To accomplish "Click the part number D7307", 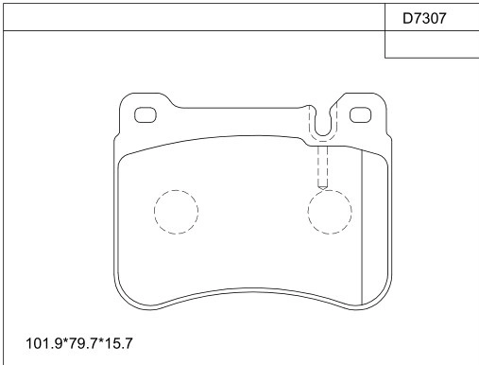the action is pos(424,19).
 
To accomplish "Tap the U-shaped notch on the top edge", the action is pos(323,135).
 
